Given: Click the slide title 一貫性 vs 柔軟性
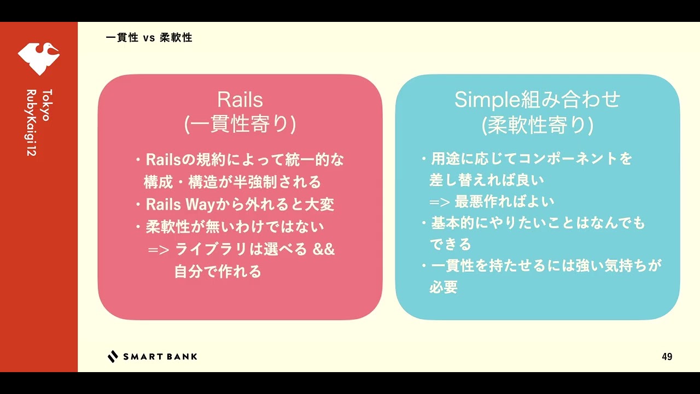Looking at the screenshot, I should tap(149, 38).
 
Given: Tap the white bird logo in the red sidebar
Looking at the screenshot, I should tap(38, 58).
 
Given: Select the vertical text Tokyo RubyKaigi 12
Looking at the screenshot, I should tap(39, 122).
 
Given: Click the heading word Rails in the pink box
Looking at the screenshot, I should tap(240, 100).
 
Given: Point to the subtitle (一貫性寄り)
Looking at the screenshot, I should tap(240, 125).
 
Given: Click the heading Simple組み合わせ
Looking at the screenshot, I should tap(537, 100).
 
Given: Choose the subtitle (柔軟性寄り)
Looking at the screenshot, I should tap(537, 125).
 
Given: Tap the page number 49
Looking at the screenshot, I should tap(667, 357).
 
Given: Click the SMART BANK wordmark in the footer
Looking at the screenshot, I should tap(160, 357).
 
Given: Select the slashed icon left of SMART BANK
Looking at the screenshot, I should tap(113, 357).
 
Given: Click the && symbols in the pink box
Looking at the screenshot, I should tap(324, 249).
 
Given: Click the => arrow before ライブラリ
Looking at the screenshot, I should tap(159, 250).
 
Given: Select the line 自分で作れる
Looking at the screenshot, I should tap(218, 271).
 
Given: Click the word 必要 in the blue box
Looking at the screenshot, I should tap(443, 287).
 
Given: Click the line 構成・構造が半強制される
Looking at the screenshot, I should tap(232, 182).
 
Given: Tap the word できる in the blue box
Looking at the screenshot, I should tap(450, 244).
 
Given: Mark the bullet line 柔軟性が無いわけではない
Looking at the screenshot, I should tap(235, 227).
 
